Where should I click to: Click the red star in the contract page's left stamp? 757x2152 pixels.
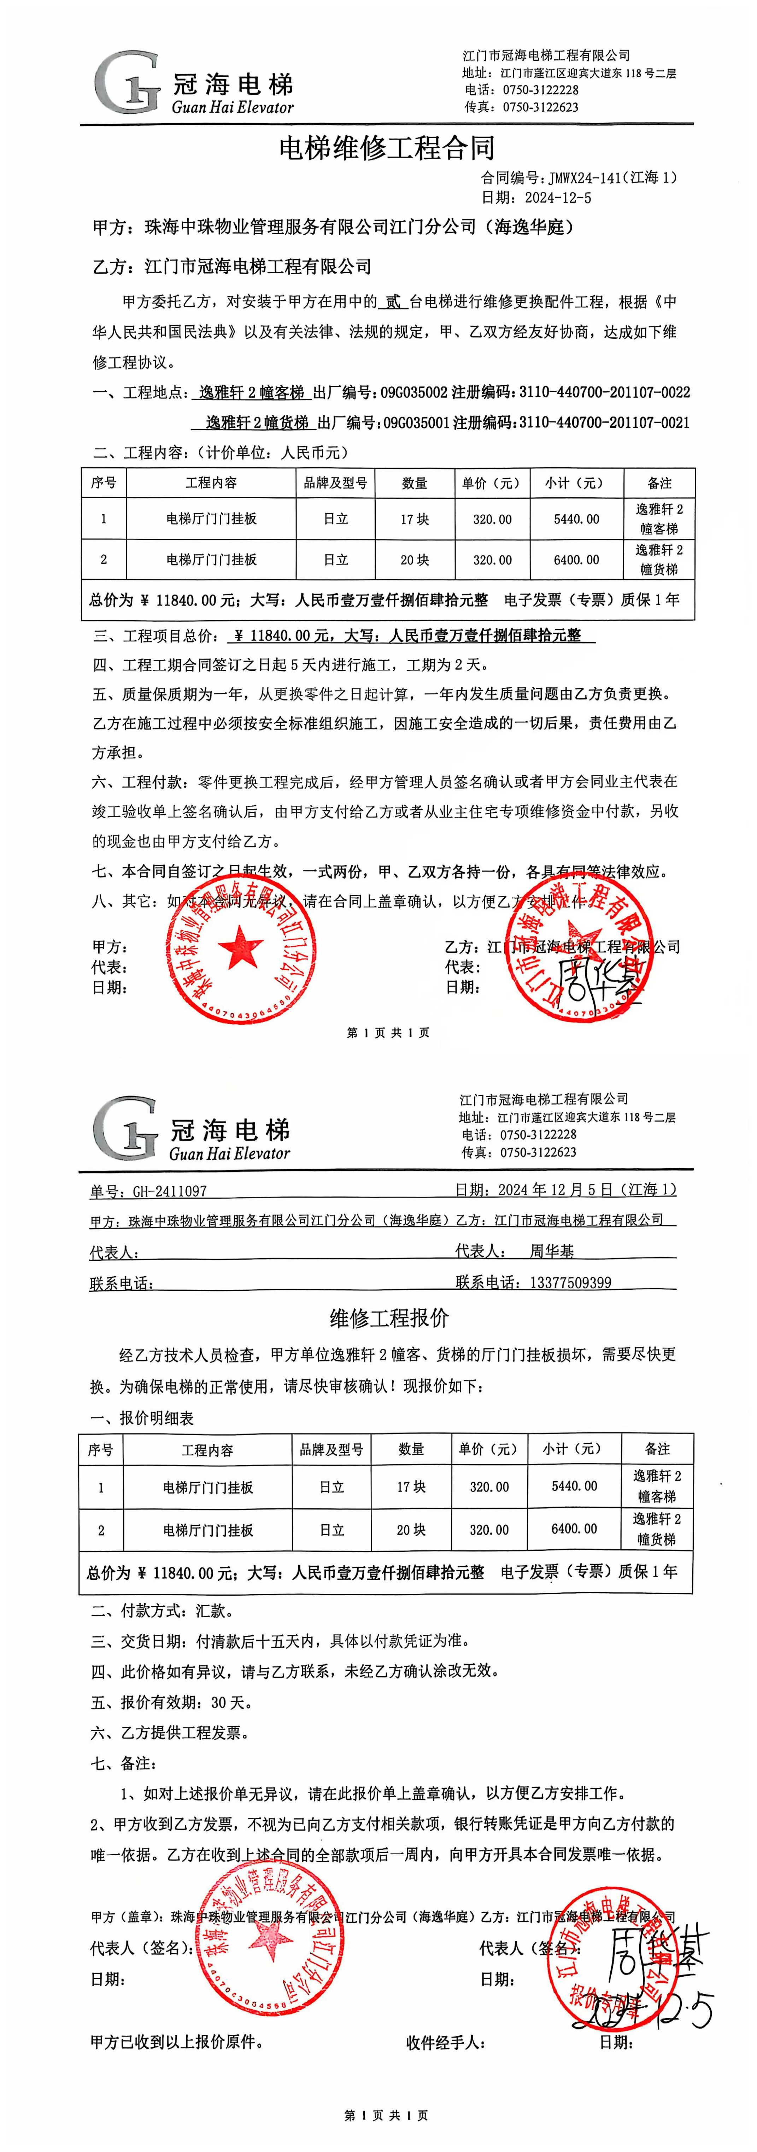pos(241,947)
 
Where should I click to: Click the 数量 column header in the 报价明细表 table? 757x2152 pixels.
pos(411,1449)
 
